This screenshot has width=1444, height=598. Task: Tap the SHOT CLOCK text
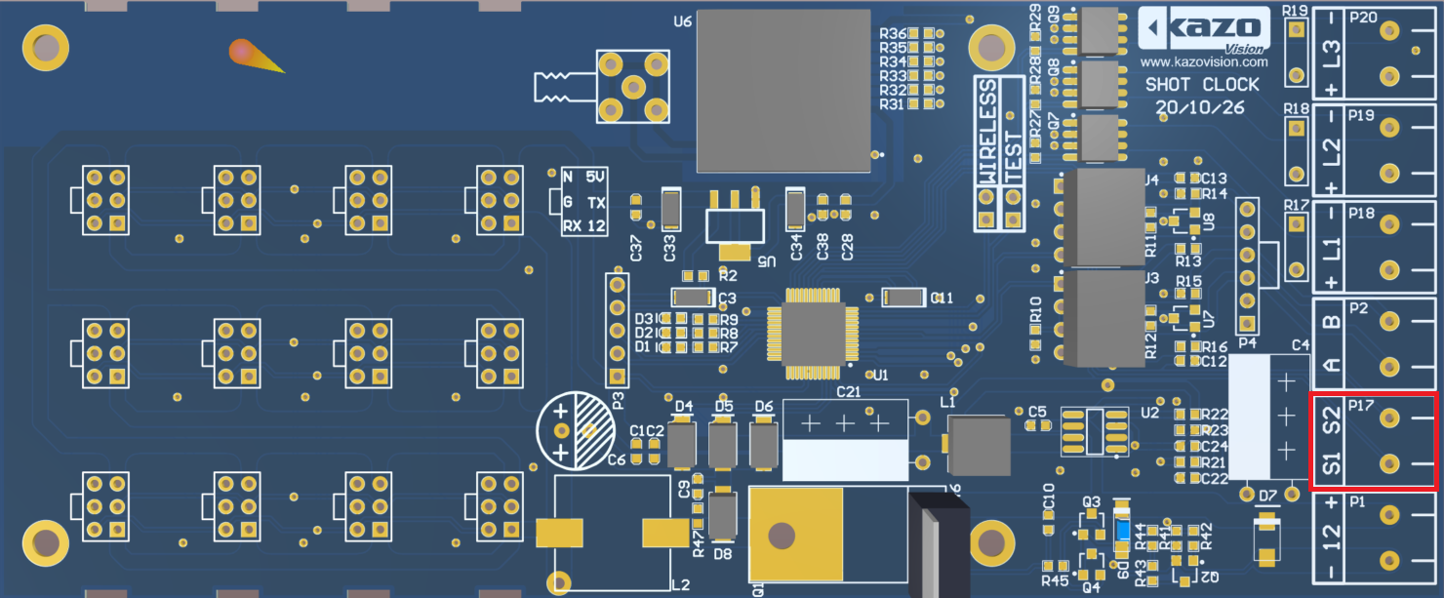1202,85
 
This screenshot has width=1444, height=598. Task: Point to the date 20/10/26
1200,107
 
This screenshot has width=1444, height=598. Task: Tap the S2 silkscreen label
1332,419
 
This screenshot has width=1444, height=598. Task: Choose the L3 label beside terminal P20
1332,48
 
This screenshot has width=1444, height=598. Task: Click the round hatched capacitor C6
577,430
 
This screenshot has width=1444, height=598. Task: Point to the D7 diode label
1267,497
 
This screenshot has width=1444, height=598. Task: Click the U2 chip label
1148,412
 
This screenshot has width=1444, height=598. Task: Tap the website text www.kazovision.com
1202,61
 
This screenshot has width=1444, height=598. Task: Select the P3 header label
617,398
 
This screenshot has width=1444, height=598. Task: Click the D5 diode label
723,406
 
